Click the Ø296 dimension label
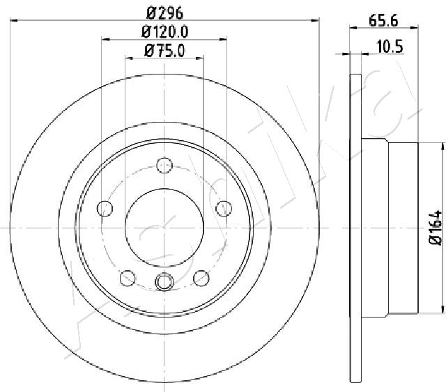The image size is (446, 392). click(165, 13)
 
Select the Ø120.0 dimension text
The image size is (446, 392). click(165, 32)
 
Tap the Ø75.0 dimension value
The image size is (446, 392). click(164, 51)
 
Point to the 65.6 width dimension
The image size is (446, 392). click(383, 21)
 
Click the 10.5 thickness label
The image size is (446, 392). click(390, 47)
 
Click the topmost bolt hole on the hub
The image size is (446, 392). click(164, 166)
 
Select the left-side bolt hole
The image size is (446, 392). click(105, 208)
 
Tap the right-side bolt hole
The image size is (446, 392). click(224, 208)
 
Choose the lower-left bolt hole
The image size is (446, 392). click(128, 278)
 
